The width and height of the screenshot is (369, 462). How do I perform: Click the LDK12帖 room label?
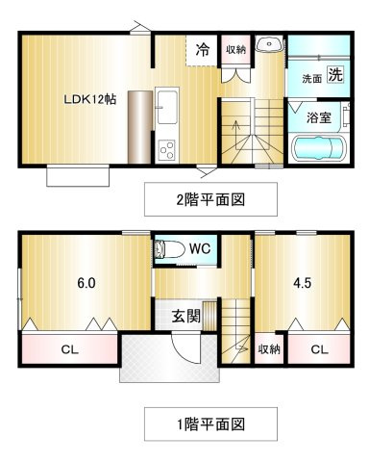(90, 99)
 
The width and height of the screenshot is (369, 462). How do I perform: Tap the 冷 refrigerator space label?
(203, 50)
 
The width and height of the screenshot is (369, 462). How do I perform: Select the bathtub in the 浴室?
(320, 148)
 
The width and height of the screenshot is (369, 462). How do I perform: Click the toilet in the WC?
(169, 249)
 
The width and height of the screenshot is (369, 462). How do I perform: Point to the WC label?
(200, 248)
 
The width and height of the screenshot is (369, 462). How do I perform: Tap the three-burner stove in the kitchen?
(167, 150)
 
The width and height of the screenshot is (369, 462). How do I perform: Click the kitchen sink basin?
(167, 107)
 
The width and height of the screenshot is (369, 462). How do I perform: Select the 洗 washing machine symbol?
(335, 74)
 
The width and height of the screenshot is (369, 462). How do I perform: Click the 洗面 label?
(311, 79)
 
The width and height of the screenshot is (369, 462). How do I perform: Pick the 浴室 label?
(319, 117)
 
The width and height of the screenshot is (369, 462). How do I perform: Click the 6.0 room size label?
(86, 283)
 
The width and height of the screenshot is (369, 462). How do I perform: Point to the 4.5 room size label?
(303, 283)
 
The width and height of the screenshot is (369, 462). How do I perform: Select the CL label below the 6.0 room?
(69, 349)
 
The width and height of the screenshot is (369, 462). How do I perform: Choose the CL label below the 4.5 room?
(319, 349)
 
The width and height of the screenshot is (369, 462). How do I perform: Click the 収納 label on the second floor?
(236, 49)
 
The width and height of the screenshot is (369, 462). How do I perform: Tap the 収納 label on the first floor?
(269, 349)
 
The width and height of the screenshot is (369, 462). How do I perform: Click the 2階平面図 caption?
(210, 199)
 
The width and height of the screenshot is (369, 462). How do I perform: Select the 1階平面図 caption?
(210, 424)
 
